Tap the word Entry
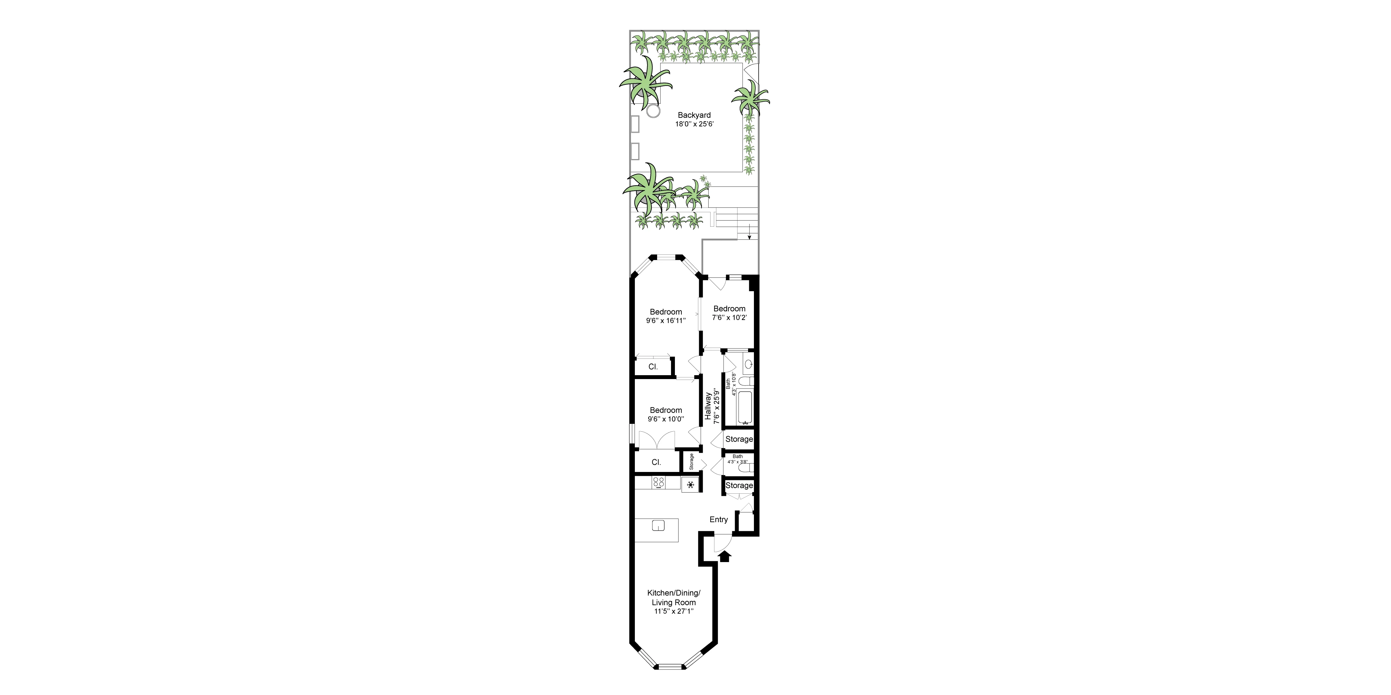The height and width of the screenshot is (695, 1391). pos(718,520)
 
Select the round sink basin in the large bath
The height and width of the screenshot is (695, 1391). pos(748,365)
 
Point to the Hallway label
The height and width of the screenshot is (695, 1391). pos(708,406)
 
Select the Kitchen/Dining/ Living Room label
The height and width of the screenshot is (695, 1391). pos(673,597)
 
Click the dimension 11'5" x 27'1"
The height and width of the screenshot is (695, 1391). pos(673,611)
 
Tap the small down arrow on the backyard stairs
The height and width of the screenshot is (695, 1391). pos(749,235)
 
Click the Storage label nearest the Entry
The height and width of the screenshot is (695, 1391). pos(739,486)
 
